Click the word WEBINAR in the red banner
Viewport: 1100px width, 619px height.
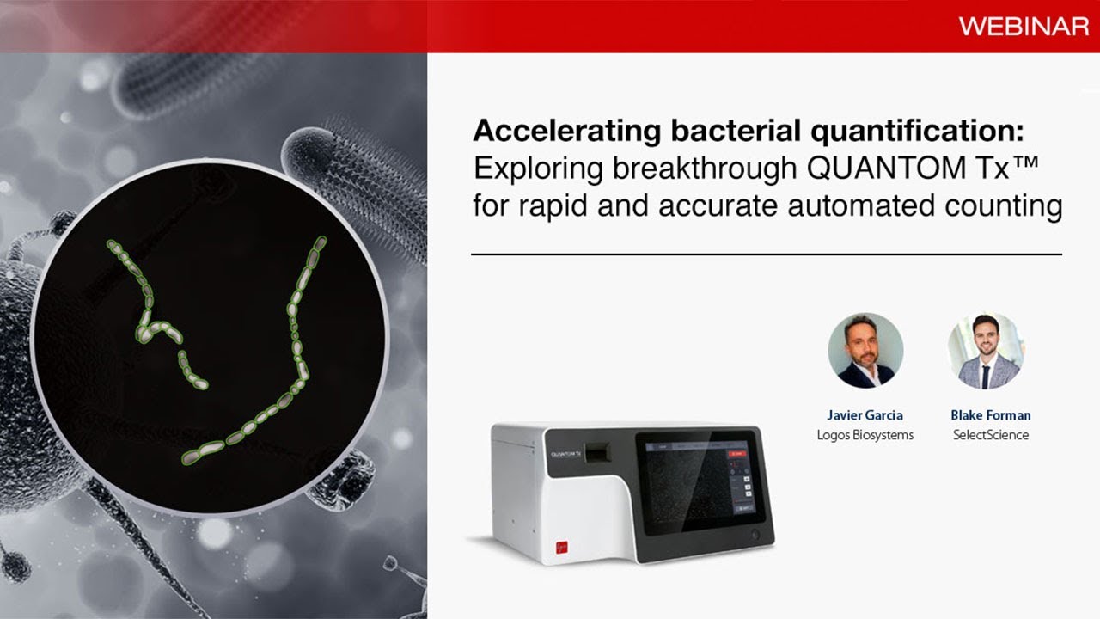click(x=1024, y=27)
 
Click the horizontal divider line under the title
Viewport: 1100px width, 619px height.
click(x=766, y=254)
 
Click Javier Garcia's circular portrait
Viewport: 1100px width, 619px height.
click(x=865, y=350)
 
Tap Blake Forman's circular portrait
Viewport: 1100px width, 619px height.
click(x=985, y=350)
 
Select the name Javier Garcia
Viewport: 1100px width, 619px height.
click(x=865, y=415)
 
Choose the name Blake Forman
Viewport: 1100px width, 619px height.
click(x=990, y=415)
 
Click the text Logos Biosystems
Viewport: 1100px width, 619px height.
click(x=865, y=435)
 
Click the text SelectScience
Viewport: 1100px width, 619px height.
click(x=990, y=435)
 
